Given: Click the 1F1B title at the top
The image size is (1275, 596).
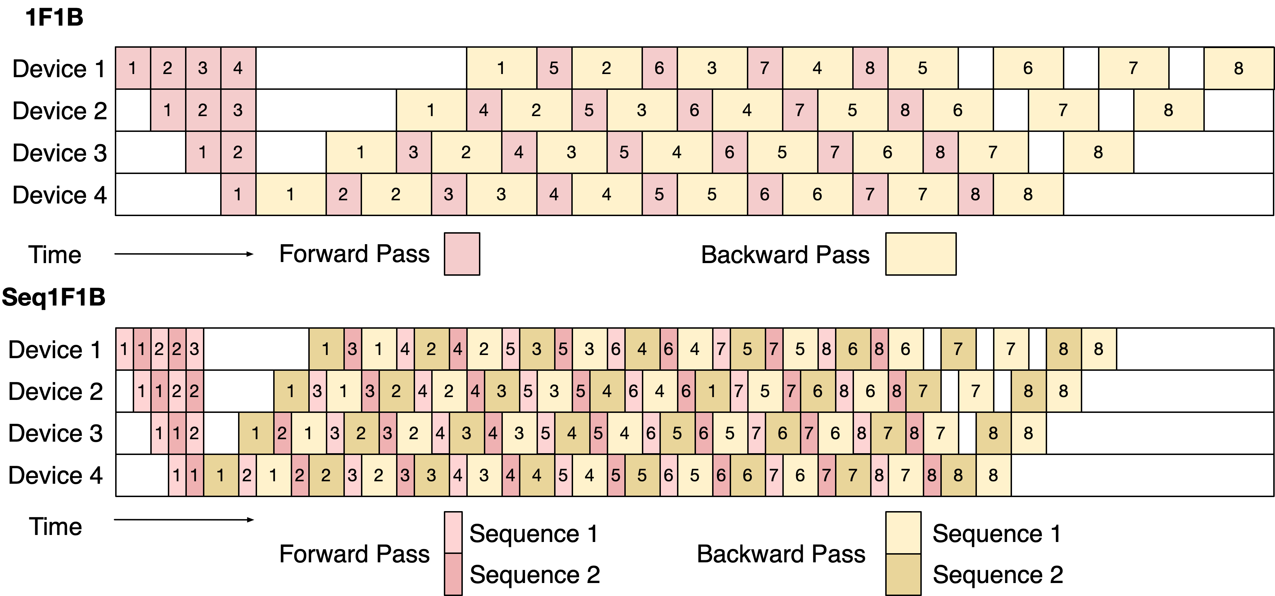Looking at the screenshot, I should tap(54, 17).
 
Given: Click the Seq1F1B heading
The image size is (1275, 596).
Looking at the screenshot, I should tap(53, 297).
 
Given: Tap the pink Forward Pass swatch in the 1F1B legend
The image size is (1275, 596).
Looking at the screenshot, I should tap(462, 254).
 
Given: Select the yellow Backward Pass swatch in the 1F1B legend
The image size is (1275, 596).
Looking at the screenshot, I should tap(921, 254).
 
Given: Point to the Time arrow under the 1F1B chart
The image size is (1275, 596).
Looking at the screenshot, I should tap(184, 254).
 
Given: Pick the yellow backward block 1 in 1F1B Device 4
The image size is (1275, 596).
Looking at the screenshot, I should tap(290, 194).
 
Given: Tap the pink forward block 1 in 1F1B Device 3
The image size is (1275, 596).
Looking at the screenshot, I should tap(203, 152).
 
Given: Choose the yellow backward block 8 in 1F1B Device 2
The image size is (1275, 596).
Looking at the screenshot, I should tap(1168, 110).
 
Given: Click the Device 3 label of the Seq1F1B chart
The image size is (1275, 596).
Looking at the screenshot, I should tap(55, 433).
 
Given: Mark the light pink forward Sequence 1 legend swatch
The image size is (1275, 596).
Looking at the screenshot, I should tap(453, 532).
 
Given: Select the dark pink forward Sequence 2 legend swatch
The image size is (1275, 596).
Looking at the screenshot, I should tap(453, 574).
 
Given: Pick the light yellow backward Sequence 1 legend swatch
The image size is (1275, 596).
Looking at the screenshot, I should tap(903, 532).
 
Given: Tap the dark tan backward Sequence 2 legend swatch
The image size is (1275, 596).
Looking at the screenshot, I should tap(903, 574).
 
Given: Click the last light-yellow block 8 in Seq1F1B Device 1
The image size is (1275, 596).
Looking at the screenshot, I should tap(1098, 349).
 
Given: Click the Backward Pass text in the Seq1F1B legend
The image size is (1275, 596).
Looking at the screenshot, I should tap(781, 554).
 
